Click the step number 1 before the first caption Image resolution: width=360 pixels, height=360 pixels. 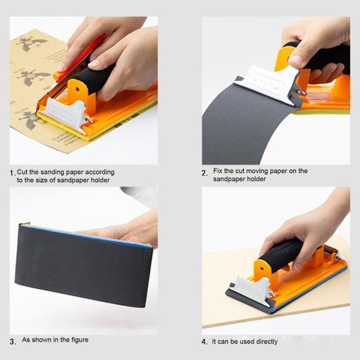tap(13, 173)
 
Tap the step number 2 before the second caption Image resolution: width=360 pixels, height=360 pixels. tap(205, 173)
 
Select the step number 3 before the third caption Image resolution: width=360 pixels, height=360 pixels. tap(13, 342)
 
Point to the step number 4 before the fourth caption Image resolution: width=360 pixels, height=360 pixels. tap(205, 342)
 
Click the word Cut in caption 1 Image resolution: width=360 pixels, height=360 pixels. tap(22, 172)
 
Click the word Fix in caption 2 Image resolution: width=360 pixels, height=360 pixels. tap(218, 171)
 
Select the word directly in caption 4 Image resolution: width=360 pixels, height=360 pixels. tap(267, 342)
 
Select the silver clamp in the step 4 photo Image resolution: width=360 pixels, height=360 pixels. tap(252, 289)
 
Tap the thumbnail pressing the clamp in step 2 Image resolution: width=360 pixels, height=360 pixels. tap(296, 60)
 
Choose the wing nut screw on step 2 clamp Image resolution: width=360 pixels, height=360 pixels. tap(301, 92)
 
